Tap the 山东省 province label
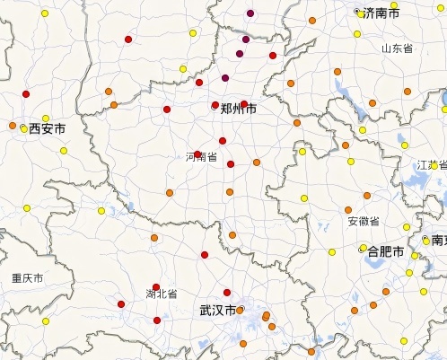[396, 48]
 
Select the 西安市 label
[47, 129]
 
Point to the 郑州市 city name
[238, 109]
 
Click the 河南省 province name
[201, 157]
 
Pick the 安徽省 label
[363, 221]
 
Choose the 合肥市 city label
[386, 250]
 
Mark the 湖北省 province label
[162, 294]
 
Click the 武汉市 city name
[217, 311]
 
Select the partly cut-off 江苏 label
[431, 166]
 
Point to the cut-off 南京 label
[437, 241]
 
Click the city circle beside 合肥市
[363, 249]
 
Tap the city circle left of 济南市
[359, 13]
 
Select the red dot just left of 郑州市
[215, 105]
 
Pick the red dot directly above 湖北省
[156, 287]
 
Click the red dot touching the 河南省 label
[197, 154]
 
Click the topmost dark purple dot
[250, 13]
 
